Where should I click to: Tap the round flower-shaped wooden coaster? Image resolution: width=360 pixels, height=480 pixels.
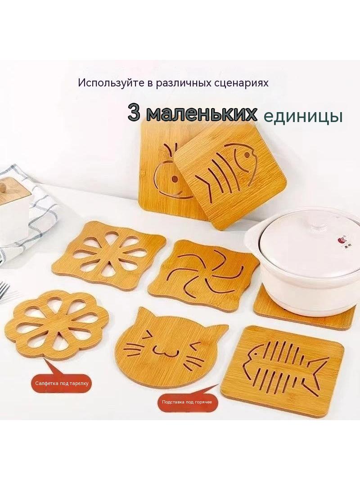pos(57,326)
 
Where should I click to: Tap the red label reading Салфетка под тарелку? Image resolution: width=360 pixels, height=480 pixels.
pos(62,383)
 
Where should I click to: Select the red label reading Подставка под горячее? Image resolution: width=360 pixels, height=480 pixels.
pos(187,402)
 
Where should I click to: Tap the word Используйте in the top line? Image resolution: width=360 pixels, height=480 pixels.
pos(111,83)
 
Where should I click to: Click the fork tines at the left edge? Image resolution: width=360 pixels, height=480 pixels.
pos(4,291)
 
